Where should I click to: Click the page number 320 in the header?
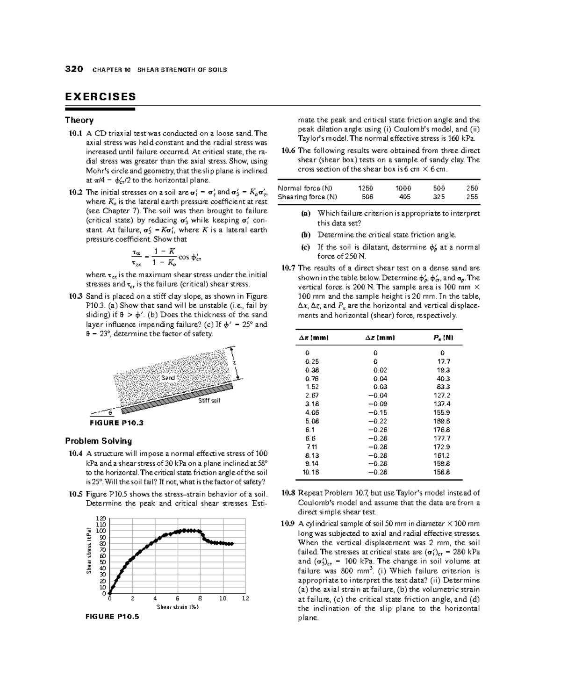tap(74, 70)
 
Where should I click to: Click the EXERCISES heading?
tap(101, 97)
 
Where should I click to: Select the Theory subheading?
tap(79, 120)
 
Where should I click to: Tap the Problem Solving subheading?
tap(98, 441)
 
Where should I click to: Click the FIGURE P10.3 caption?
tap(116, 423)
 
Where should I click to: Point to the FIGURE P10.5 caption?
tap(112, 616)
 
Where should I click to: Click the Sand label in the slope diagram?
tap(168, 378)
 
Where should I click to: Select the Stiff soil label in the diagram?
tap(209, 401)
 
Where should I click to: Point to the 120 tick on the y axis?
tap(101, 518)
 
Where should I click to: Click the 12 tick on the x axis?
tap(246, 598)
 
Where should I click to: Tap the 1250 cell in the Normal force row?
tap(366, 188)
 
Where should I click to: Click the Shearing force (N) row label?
tap(307, 197)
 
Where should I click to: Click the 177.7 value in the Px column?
tap(442, 438)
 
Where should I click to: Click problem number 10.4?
tap(75, 454)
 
